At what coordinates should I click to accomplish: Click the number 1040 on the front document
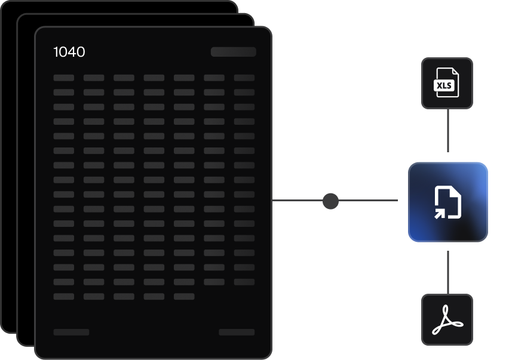pos(69,52)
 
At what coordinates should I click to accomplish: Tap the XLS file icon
pos(447,83)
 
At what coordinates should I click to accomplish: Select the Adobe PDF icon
pos(447,319)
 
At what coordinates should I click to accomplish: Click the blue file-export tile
pos(447,202)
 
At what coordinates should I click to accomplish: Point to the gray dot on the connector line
pos(330,201)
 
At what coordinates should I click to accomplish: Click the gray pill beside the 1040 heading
pos(233,52)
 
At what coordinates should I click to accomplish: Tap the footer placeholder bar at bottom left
pos(71,332)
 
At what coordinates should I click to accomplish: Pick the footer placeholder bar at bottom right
pos(237,332)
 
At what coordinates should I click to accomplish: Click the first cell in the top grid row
pos(64,78)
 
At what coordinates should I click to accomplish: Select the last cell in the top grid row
pos(244,78)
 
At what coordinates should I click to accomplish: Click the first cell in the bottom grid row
pos(64,296)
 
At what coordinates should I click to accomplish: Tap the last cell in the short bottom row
pos(184,296)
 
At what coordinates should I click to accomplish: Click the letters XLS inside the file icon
pos(444,86)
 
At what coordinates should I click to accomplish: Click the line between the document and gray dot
pos(297,201)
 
